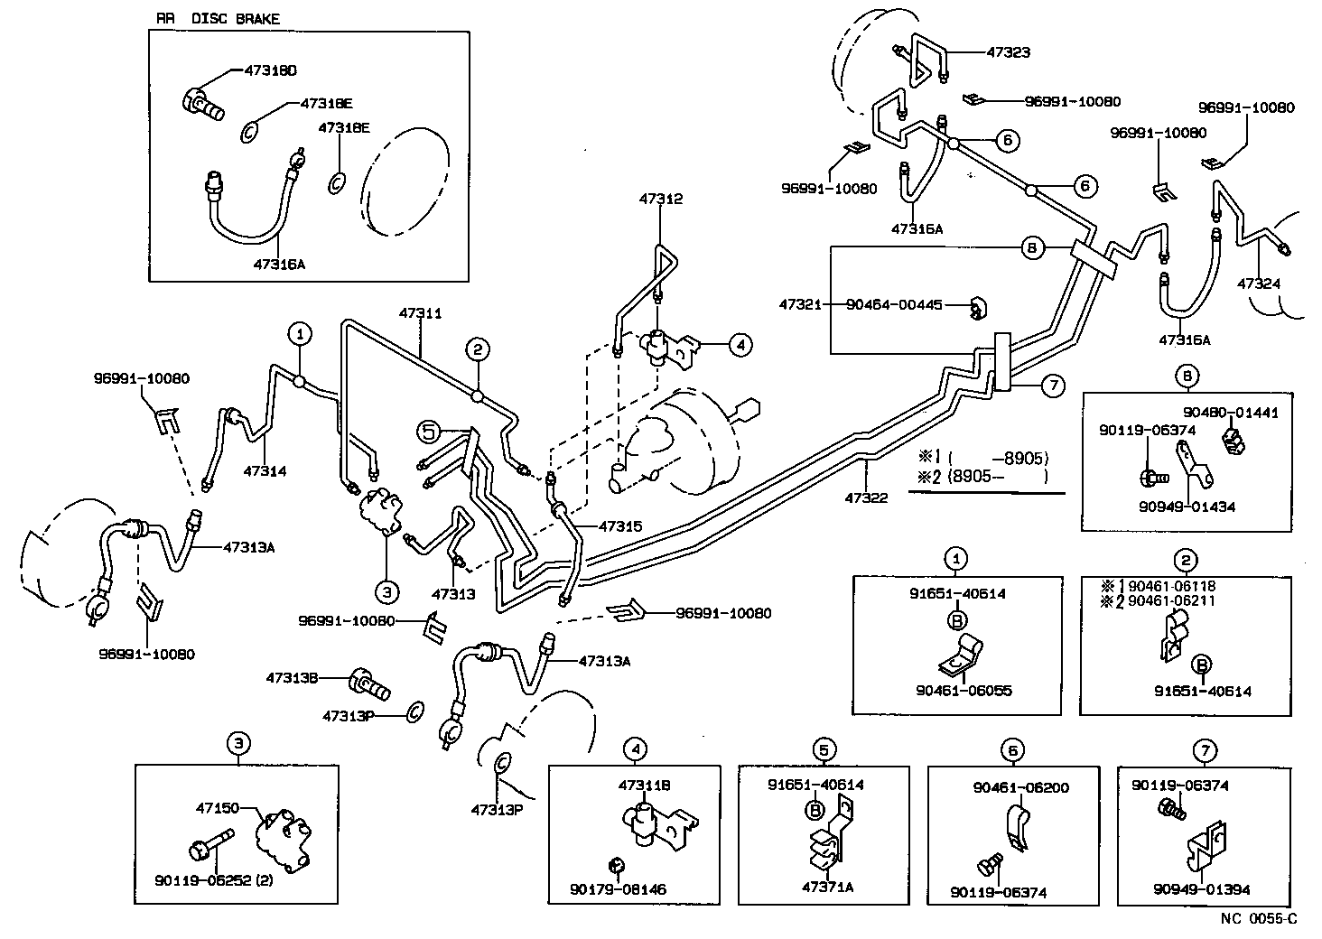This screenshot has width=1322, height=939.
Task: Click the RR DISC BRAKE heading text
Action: coord(218,18)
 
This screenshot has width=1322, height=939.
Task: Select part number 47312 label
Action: coord(661,199)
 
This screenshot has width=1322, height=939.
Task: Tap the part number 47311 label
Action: coord(420,313)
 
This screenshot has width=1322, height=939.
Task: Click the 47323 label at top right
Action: coord(1008,52)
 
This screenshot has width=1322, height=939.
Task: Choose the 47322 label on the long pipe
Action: coord(866,497)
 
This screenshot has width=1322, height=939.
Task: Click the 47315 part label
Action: coord(620,525)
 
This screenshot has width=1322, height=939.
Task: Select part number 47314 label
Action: coord(265,470)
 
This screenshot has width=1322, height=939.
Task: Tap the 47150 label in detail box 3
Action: coord(218,808)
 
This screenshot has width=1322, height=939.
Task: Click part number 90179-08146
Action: coord(618,889)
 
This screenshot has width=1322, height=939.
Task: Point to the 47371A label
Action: coord(826,888)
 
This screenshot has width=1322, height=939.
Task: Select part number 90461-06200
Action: coord(1020,787)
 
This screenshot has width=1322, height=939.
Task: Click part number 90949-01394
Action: coord(1201,889)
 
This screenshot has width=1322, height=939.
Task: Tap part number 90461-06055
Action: coord(963,691)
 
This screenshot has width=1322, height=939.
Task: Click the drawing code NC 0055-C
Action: coord(1259,919)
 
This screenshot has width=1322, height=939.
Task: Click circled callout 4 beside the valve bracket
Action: coord(740,344)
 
